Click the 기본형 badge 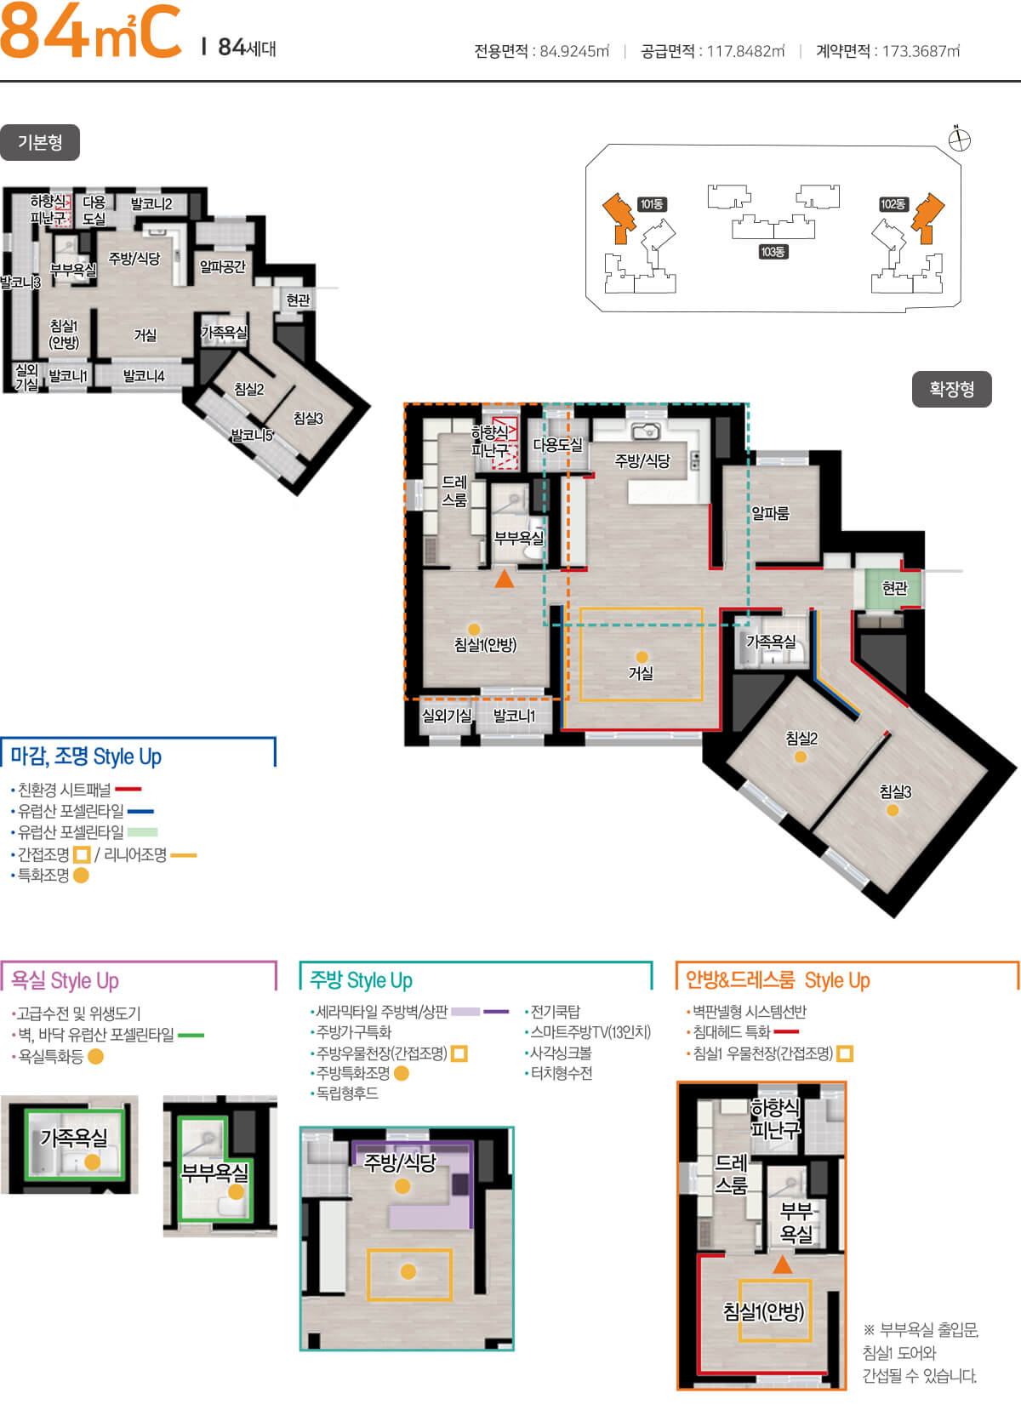[40, 142]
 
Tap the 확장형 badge [951, 389]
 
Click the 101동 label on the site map [652, 204]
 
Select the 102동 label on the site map [893, 204]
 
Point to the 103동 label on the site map [773, 252]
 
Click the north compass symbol [959, 139]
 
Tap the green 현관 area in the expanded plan [892, 587]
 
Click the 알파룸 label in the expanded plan [770, 513]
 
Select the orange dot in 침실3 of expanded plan [893, 810]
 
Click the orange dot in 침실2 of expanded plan [801, 756]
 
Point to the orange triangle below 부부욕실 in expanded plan [505, 578]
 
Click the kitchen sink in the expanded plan [645, 431]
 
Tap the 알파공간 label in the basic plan [222, 266]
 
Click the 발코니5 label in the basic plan [252, 434]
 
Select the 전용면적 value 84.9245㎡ [574, 51]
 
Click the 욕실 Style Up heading [65, 980]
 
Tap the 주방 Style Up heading [361, 979]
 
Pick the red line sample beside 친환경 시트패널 [128, 789]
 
